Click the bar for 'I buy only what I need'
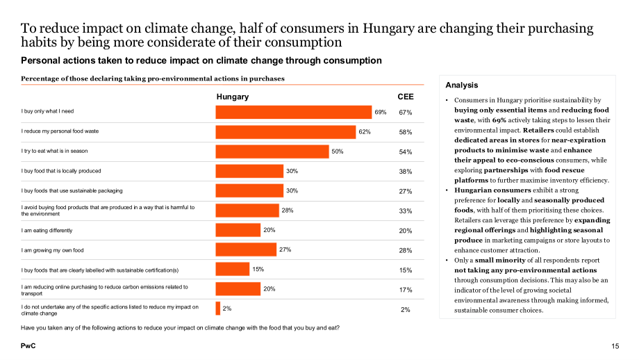293,112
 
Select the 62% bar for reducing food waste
285,132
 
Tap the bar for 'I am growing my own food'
246,249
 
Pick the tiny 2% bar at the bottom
218,308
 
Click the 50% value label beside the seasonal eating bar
338,152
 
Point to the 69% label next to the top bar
380,112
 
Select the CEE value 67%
406,113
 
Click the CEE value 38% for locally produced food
406,172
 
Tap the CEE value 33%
406,211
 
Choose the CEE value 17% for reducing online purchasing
406,290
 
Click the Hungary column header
232,97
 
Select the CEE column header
406,97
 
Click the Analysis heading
462,85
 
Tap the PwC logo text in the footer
28,345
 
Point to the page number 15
615,346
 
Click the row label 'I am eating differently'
47,230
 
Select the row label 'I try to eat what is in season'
55,151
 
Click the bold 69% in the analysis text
499,120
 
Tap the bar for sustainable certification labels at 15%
232,269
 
